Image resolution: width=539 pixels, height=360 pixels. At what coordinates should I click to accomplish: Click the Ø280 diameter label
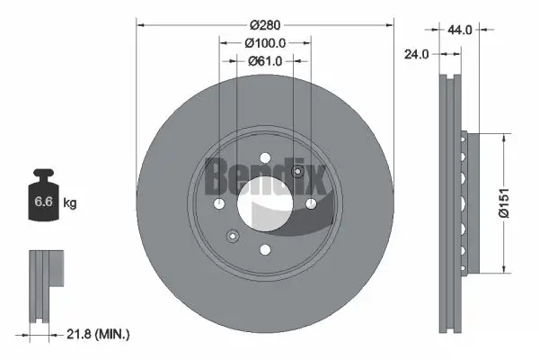coord(265,24)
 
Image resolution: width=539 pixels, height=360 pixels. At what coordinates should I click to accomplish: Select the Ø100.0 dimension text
coord(265,42)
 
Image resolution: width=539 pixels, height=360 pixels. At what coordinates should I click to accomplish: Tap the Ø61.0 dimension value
coord(265,60)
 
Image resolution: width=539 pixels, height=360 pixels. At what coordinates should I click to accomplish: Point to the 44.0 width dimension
coord(460,30)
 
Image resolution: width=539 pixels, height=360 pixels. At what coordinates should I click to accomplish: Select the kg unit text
coord(70,203)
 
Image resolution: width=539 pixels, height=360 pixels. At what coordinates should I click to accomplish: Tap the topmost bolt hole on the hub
coord(265,157)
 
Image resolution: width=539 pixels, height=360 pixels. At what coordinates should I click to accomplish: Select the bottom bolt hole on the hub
coord(265,251)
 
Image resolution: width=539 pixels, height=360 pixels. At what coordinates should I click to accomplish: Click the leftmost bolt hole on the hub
coord(219,204)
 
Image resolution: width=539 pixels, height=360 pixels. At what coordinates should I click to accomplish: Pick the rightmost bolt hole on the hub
coord(311,204)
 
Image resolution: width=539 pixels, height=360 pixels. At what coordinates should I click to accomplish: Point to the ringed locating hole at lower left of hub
coord(233,237)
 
